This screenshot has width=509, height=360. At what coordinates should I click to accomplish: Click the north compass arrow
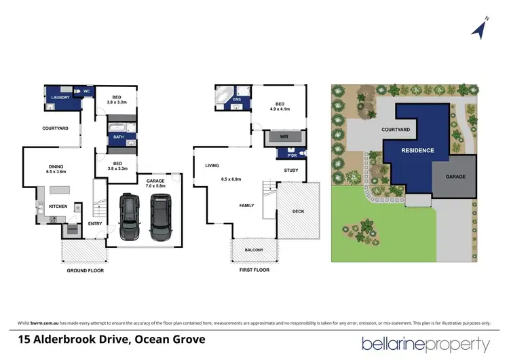[x=481, y=28]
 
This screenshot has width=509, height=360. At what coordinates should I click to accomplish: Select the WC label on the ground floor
[x=87, y=90]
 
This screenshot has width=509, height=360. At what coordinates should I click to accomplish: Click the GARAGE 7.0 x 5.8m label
[x=155, y=183]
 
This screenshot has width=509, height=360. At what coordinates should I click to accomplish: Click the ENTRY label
[x=94, y=223]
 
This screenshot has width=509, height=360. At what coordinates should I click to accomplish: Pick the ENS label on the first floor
[x=237, y=100]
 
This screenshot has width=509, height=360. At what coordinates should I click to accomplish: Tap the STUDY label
[x=291, y=170]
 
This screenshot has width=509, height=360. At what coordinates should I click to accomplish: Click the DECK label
[x=299, y=211]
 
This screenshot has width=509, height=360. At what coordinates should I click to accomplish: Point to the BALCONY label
[x=254, y=250]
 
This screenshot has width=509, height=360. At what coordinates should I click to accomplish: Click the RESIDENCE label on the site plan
[x=417, y=150]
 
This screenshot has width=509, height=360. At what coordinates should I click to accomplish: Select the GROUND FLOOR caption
[x=85, y=270]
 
